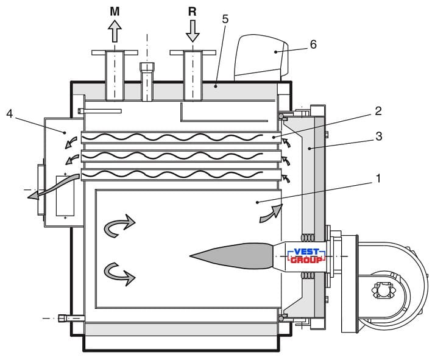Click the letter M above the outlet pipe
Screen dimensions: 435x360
[x=115, y=12]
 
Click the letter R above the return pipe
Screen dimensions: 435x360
[x=193, y=12]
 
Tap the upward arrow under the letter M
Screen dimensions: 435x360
[x=115, y=31]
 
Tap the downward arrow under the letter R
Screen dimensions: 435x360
[x=193, y=31]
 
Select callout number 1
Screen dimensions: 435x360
[x=378, y=179]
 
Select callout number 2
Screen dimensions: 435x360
[x=378, y=111]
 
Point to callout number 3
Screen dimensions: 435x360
[x=379, y=136]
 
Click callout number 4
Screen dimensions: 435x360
[x=10, y=114]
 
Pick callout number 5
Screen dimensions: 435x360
[x=225, y=19]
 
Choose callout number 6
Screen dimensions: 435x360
[x=313, y=44]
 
